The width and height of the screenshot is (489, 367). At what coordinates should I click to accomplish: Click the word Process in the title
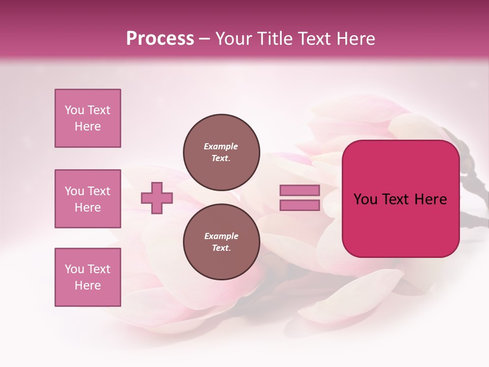[x=160, y=39]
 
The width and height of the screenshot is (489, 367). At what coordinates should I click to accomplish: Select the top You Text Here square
[x=88, y=118]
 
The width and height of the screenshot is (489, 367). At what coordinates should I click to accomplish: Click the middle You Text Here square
[x=88, y=199]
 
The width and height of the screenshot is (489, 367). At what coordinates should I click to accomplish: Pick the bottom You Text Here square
[x=88, y=277]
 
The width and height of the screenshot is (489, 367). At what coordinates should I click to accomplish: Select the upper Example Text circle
[x=221, y=152]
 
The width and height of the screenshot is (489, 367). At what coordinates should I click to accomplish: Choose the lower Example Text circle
[x=221, y=242]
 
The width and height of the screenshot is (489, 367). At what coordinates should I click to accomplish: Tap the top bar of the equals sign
[x=300, y=191]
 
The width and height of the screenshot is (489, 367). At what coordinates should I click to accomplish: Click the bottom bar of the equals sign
[x=300, y=205]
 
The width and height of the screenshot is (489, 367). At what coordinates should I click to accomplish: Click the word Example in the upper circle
[x=221, y=146]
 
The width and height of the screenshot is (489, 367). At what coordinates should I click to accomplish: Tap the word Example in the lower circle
[x=221, y=236]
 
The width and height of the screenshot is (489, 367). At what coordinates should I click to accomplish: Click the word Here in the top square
[x=88, y=126]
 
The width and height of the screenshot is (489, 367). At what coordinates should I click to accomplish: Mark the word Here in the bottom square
[x=88, y=285]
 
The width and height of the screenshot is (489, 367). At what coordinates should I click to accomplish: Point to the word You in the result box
[x=365, y=199]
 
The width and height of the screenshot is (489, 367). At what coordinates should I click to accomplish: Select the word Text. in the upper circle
[x=221, y=159]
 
